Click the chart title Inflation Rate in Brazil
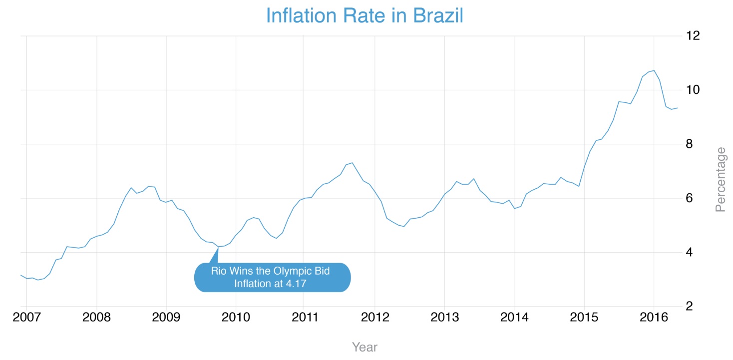pos(365,15)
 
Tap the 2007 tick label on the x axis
pos(26,318)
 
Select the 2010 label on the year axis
pos(235,318)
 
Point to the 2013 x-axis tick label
pos(444,318)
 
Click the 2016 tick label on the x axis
pos(654,318)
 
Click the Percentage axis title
pos(721,179)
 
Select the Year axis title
pos(365,347)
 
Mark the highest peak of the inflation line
pos(654,70)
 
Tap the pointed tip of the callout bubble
pos(218,247)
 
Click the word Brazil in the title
pos(438,15)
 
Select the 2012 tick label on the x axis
pos(374,318)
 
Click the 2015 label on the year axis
pos(584,318)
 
